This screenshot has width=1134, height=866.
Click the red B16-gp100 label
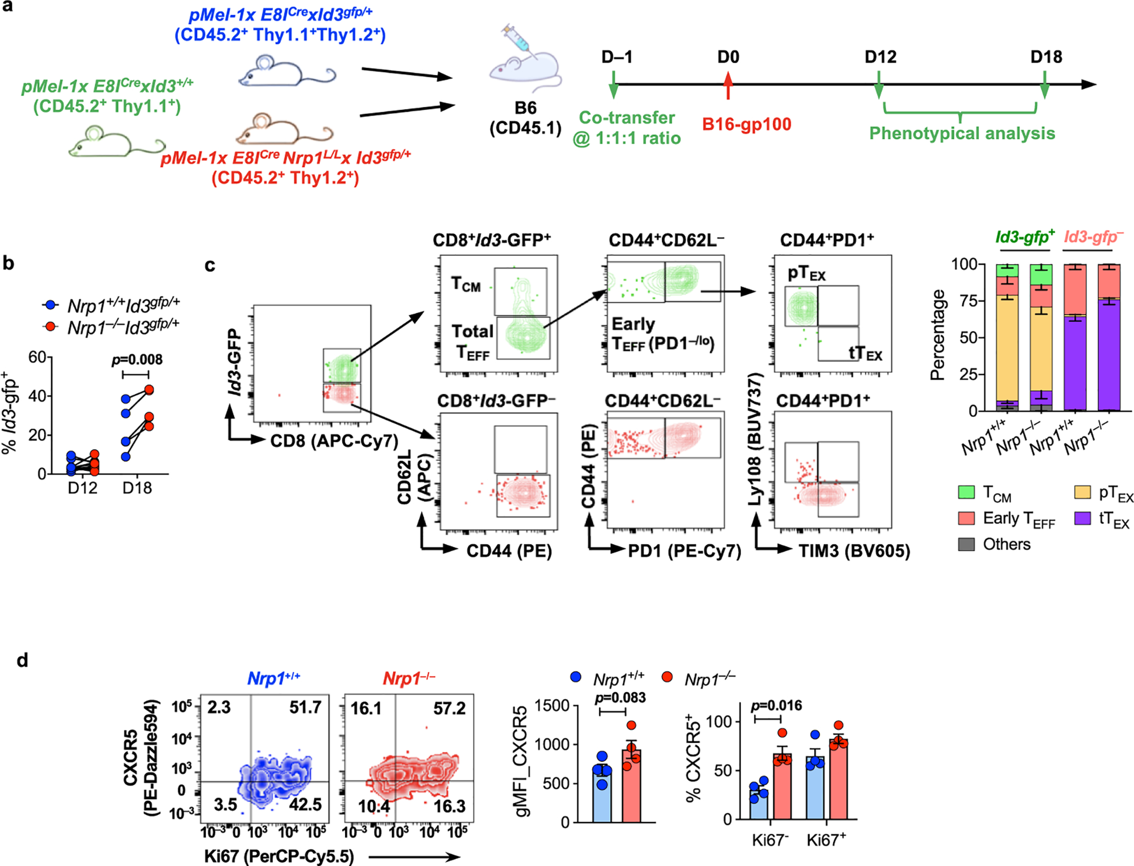(x=746, y=124)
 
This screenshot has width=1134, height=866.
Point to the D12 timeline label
(x=880, y=57)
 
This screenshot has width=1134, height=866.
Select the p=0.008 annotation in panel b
(x=137, y=360)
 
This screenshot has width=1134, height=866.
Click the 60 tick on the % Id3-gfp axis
(x=37, y=357)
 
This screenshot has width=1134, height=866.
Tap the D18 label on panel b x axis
(x=137, y=488)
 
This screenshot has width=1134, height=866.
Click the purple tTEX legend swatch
(x=1082, y=518)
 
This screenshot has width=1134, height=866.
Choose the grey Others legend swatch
(x=966, y=544)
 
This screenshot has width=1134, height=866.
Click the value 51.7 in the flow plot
(x=305, y=707)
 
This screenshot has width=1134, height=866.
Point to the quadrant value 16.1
(x=366, y=708)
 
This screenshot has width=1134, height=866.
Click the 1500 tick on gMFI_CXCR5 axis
(x=552, y=706)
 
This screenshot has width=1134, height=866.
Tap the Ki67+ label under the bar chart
(x=826, y=840)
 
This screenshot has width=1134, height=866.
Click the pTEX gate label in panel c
(x=806, y=273)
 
